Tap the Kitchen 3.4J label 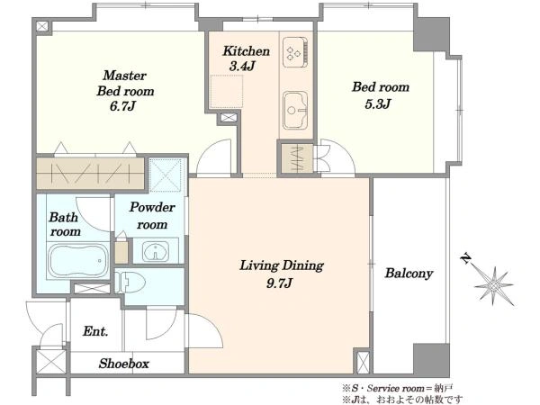(x=246, y=58)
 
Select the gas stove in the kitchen (x=295, y=52)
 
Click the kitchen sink (x=295, y=110)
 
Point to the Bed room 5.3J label (x=381, y=94)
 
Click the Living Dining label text (x=282, y=265)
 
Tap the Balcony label (x=409, y=274)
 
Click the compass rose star (x=494, y=286)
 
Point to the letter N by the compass (x=466, y=258)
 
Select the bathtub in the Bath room (x=77, y=261)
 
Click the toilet (x=130, y=282)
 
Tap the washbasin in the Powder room (x=156, y=251)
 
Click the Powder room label (x=152, y=216)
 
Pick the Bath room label (x=65, y=224)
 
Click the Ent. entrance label (x=95, y=331)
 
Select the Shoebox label (x=124, y=364)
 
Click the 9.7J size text (x=279, y=283)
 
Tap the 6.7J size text (x=122, y=106)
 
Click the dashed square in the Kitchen (x=227, y=92)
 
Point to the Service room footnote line (x=398, y=389)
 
